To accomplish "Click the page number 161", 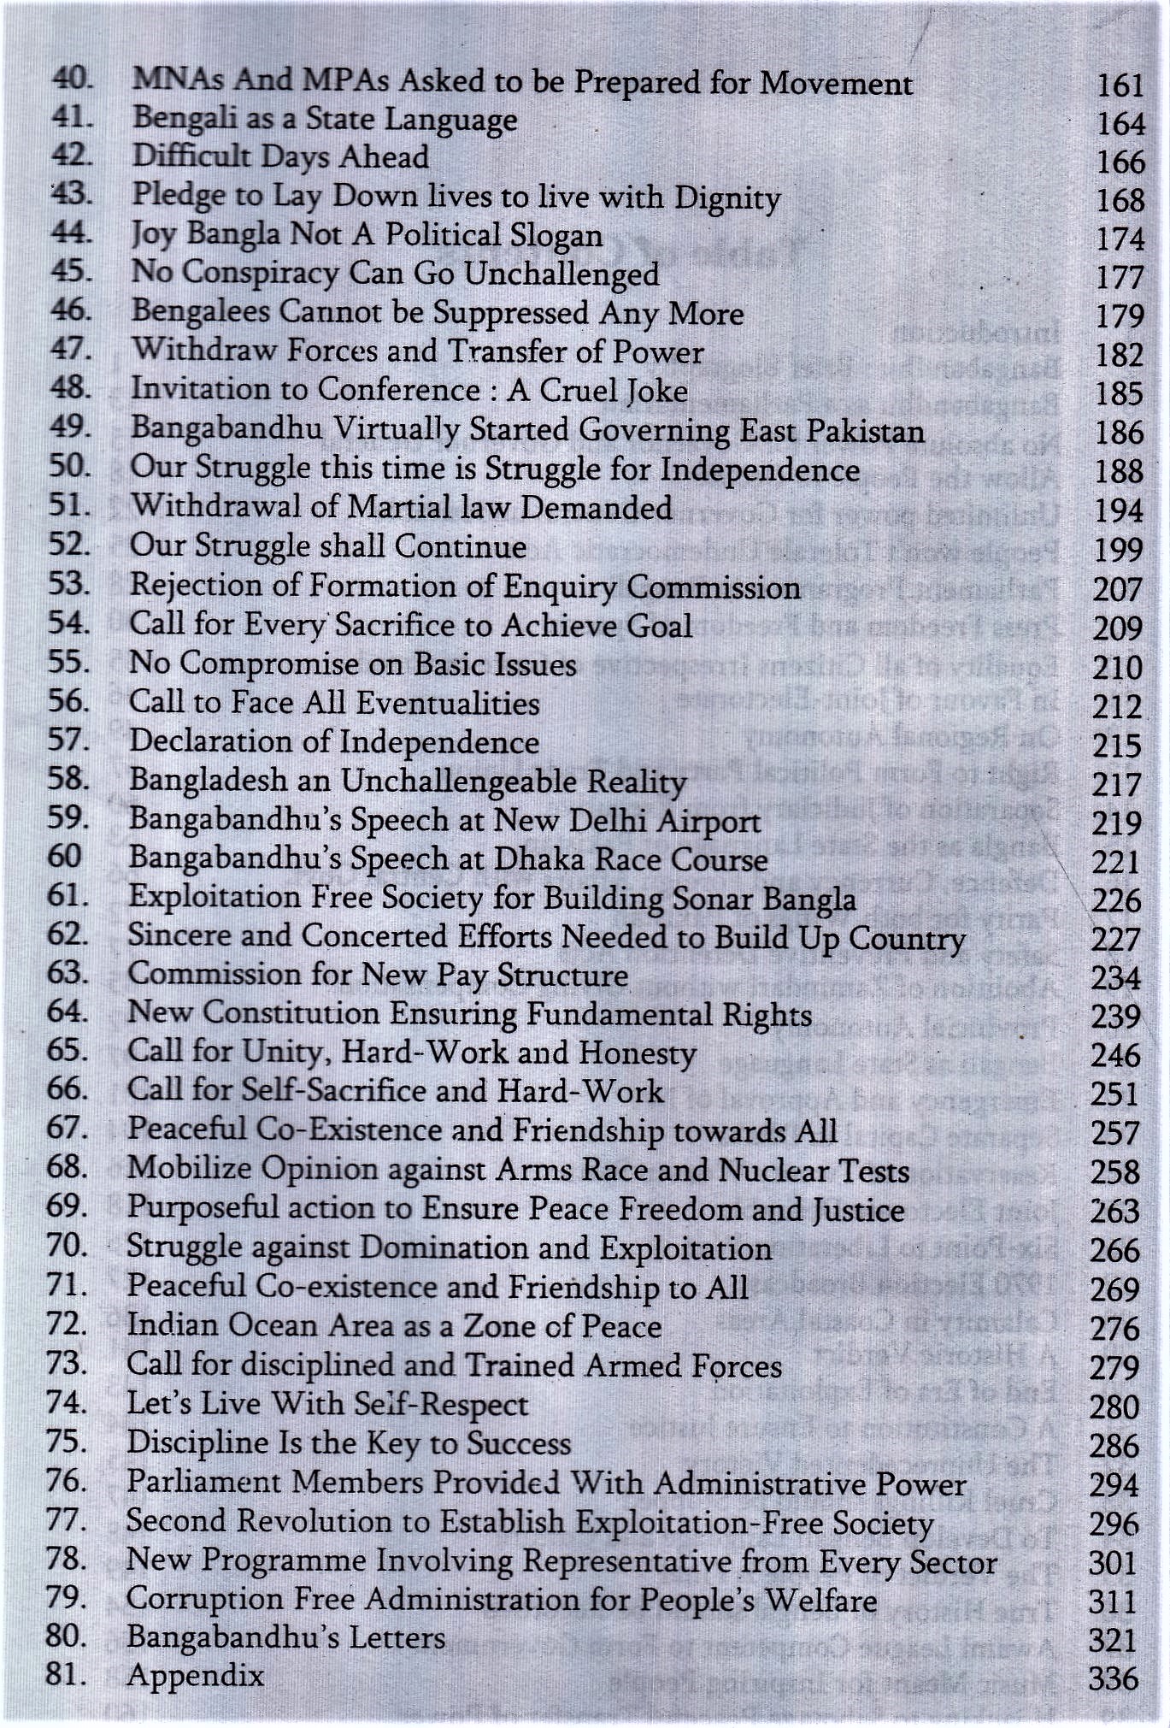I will [x=1120, y=86].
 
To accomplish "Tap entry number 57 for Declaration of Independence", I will [x=68, y=740].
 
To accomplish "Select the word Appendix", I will [x=195, y=1675].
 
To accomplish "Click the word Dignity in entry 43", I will [x=727, y=198].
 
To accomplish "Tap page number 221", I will [x=1116, y=863].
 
